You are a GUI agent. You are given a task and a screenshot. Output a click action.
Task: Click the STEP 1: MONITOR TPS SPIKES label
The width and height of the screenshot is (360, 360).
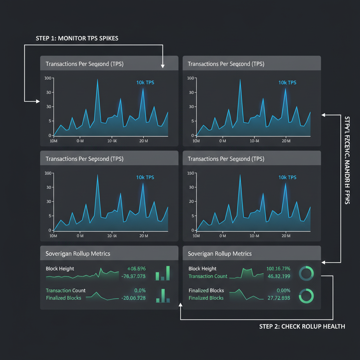pyautogui.click(x=77, y=38)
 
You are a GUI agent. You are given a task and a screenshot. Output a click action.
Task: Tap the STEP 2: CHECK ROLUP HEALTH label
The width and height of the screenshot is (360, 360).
pyautogui.click(x=302, y=327)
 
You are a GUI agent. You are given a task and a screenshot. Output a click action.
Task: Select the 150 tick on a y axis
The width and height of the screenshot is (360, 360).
pyautogui.click(x=191, y=173)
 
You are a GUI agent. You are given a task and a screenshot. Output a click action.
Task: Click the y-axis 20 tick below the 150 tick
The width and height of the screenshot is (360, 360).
pyautogui.click(x=192, y=201)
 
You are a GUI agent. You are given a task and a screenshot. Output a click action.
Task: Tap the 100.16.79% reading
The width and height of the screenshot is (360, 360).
pyautogui.click(x=278, y=269)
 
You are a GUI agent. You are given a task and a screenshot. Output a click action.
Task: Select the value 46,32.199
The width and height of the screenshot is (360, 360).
pyautogui.click(x=279, y=276)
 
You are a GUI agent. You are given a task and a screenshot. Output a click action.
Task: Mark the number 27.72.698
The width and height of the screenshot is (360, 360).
pyautogui.click(x=279, y=298)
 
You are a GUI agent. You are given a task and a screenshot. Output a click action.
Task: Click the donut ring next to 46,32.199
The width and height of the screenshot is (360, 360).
pyautogui.click(x=306, y=273)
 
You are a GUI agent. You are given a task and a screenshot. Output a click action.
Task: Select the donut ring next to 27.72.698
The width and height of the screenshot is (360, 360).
pyautogui.click(x=306, y=296)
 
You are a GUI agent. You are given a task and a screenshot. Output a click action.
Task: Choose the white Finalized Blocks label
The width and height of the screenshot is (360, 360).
pyautogui.click(x=206, y=290)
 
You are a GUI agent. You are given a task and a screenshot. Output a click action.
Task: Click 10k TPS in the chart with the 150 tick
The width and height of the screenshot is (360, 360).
pyautogui.click(x=287, y=178)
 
